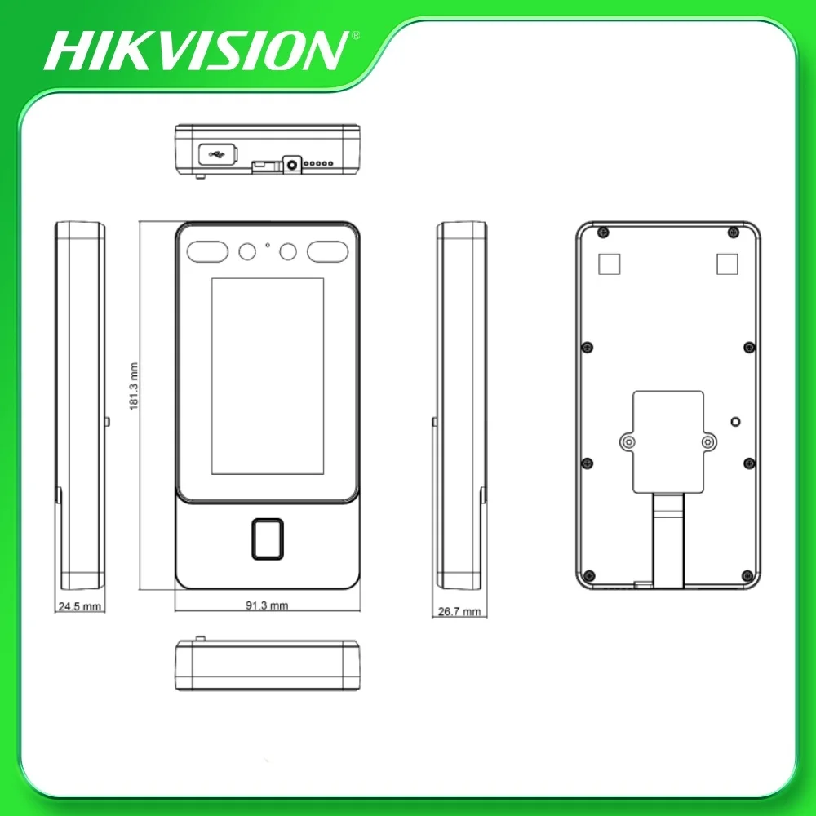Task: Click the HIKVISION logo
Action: point(196,50)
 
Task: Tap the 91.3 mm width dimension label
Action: point(267,605)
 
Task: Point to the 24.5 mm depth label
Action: point(79,607)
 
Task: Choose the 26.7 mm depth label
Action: point(459,611)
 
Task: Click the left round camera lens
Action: point(246,252)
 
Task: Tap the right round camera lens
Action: point(287,252)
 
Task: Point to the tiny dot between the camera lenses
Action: point(267,244)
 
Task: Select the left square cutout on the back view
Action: point(609,264)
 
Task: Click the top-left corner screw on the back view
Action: point(601,233)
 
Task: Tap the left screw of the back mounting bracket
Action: point(627,441)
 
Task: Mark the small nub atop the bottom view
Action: point(199,636)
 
